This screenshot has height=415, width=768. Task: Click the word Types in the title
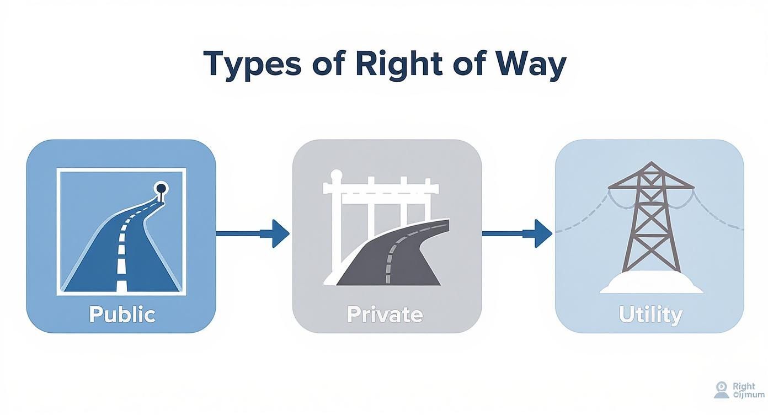[252, 64]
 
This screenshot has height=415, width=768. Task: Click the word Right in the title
[398, 64]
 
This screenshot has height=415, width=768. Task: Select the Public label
[122, 315]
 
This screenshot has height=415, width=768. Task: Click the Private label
[385, 315]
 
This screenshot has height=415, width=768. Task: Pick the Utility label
[650, 315]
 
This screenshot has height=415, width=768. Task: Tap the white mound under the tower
[651, 285]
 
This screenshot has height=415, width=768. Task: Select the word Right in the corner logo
[744, 386]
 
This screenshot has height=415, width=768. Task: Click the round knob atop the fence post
[333, 175]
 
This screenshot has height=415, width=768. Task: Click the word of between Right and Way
[329, 64]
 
